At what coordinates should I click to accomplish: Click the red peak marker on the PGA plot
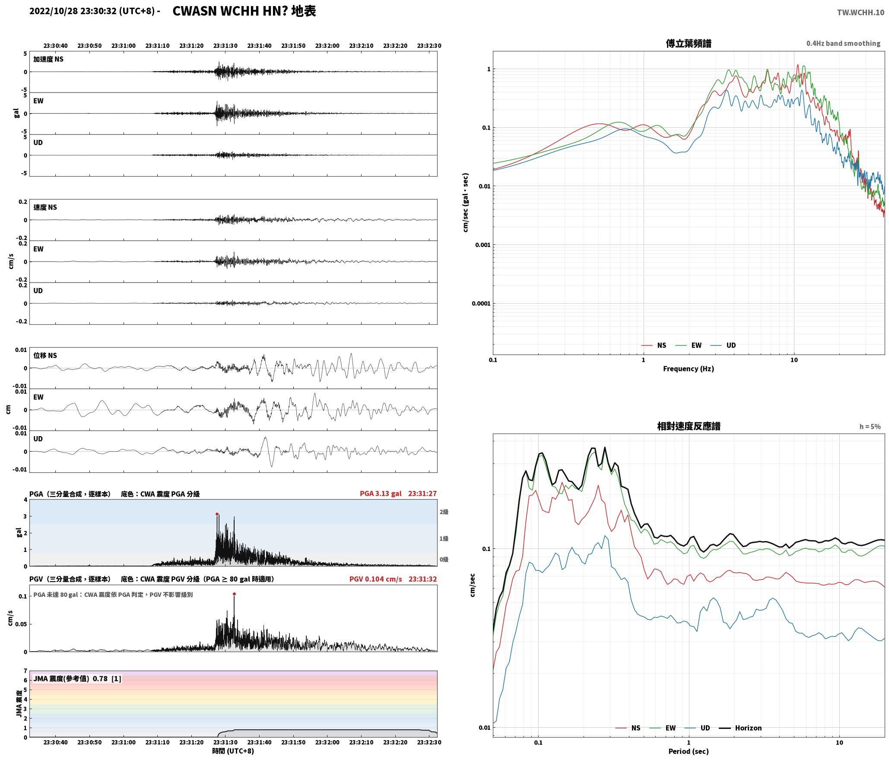click(x=217, y=514)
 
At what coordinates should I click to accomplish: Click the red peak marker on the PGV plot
click(x=234, y=594)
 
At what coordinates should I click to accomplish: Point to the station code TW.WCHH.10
click(x=860, y=12)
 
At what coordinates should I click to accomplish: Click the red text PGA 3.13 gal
click(x=381, y=493)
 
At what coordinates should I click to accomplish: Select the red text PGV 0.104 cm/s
click(x=375, y=579)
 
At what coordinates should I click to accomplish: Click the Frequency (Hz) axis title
click(x=688, y=368)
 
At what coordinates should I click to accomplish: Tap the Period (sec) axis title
click(x=688, y=751)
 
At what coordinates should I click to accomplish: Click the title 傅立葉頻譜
click(x=688, y=43)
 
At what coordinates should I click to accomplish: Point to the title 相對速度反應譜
click(x=688, y=426)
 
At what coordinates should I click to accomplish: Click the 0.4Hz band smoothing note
click(x=843, y=43)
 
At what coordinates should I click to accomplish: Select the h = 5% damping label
click(x=870, y=426)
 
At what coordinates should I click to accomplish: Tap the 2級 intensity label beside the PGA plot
click(x=444, y=512)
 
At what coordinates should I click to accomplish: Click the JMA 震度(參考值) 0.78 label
click(x=77, y=678)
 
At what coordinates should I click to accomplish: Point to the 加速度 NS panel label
click(x=48, y=59)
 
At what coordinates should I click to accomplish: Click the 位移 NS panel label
click(x=45, y=355)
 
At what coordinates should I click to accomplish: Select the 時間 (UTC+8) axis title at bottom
click(x=233, y=750)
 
